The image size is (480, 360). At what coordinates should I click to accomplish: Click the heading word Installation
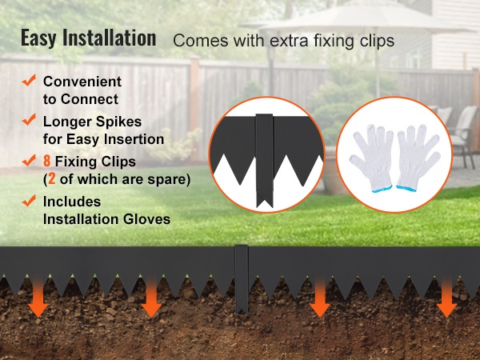pyautogui.click(x=110, y=38)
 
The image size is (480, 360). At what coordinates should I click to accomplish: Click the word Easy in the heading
pyautogui.click(x=39, y=38)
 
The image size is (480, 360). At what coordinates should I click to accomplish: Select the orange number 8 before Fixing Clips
pyautogui.click(x=46, y=162)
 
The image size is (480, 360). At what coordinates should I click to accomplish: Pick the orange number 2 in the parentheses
pyautogui.click(x=51, y=179)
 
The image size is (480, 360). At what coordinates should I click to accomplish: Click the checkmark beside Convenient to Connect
pyautogui.click(x=29, y=80)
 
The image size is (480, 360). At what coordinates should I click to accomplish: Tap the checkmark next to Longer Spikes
pyautogui.click(x=29, y=120)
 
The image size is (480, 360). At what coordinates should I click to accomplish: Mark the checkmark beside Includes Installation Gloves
pyautogui.click(x=29, y=201)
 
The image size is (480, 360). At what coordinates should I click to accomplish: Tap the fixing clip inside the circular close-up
pyautogui.click(x=265, y=160)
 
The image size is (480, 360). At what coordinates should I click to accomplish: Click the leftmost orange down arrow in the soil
pyautogui.click(x=38, y=296)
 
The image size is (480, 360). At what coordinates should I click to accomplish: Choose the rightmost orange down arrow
pyautogui.click(x=446, y=296)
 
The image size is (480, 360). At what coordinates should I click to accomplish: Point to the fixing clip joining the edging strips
pyautogui.click(x=242, y=279)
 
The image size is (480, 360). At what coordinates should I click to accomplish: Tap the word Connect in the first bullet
pyautogui.click(x=90, y=99)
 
